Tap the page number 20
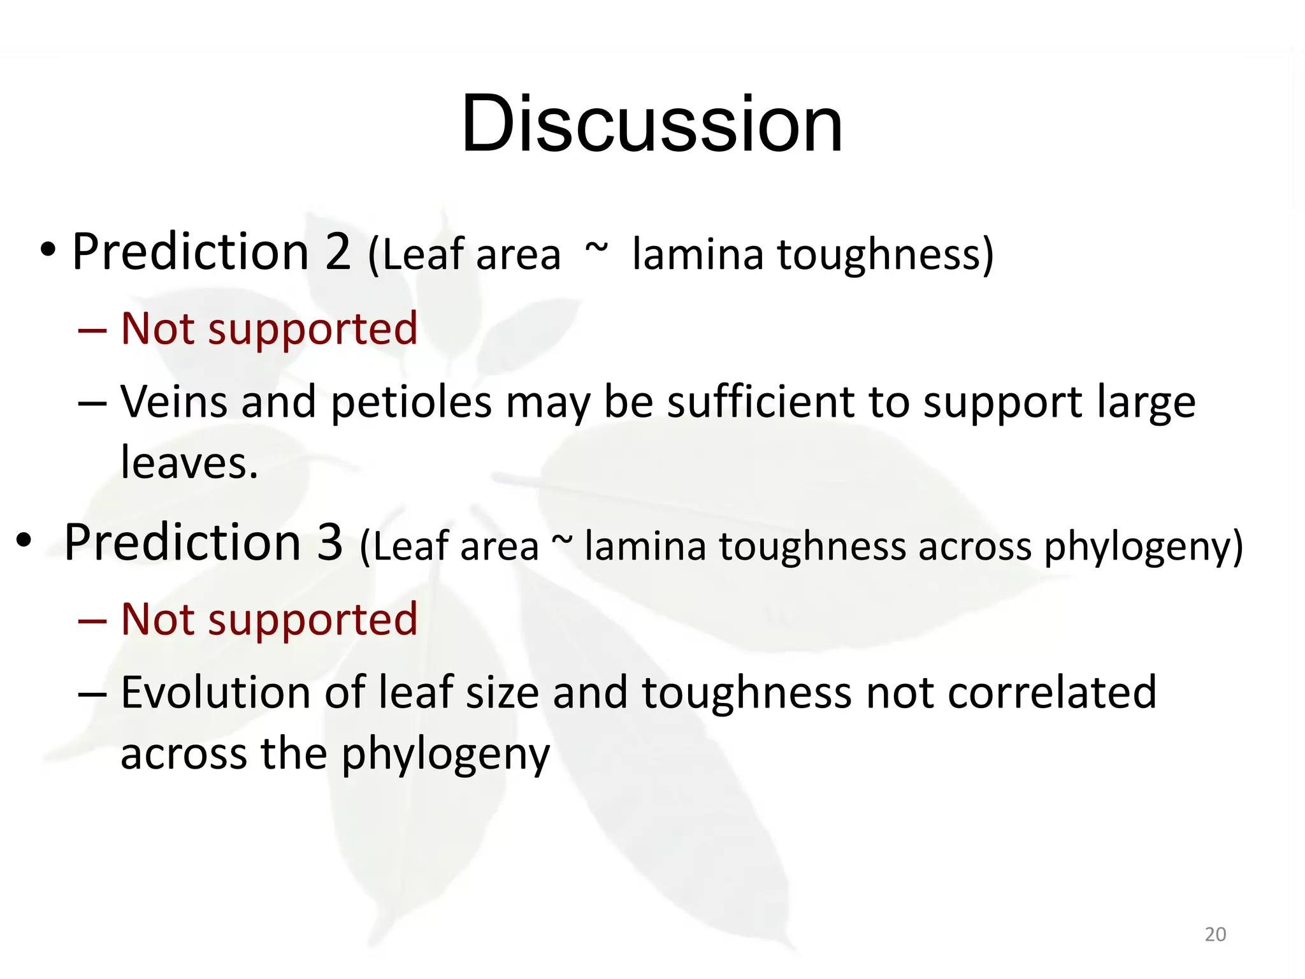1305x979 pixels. coord(1215,934)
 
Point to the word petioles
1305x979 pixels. coord(412,403)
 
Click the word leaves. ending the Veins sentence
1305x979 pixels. coord(189,462)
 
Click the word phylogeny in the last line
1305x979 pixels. coord(445,755)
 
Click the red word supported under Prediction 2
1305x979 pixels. coord(312,330)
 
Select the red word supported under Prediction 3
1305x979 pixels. coord(312,620)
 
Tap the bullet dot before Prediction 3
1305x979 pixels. coord(24,540)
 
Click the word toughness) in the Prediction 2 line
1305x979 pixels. coord(885,254)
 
